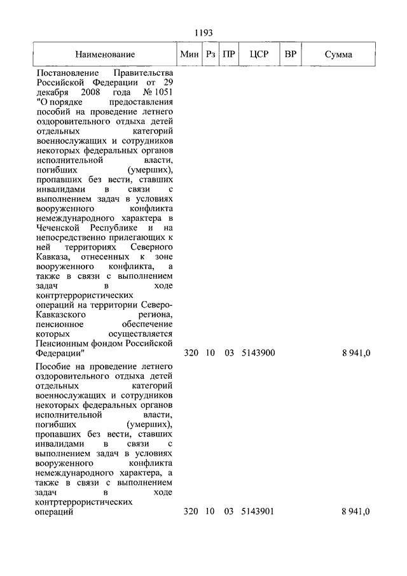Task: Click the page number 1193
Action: (x=203, y=32)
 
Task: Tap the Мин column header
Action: (x=190, y=55)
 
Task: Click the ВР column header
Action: (x=290, y=55)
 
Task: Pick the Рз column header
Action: (x=210, y=55)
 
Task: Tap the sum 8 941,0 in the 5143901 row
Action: (x=355, y=511)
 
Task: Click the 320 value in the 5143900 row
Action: (x=190, y=353)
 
